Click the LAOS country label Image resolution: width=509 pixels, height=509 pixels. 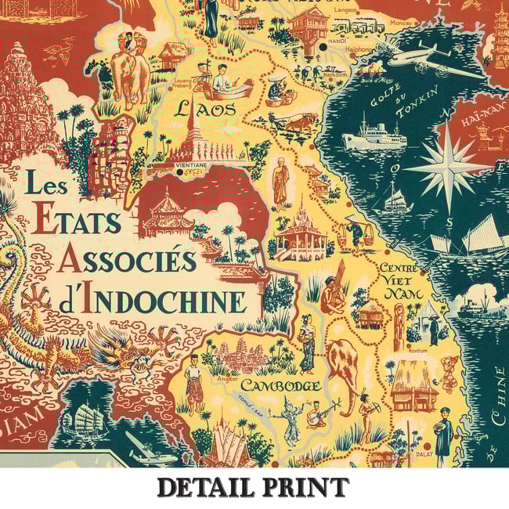coord(205,109)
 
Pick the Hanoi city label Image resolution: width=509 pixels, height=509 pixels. coord(317,40)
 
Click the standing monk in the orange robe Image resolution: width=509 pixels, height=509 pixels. coord(280,184)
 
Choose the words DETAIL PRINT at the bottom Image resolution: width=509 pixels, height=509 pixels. coord(252,487)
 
